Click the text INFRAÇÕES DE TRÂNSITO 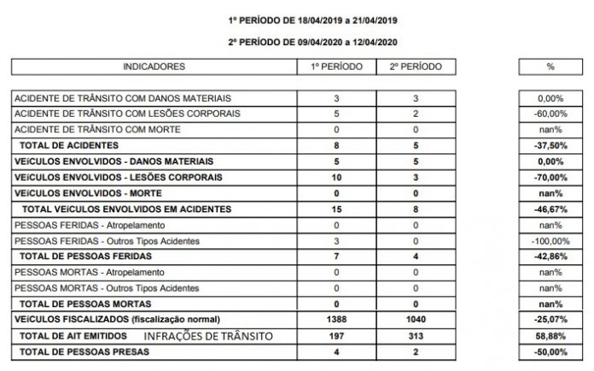pos(210,337)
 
